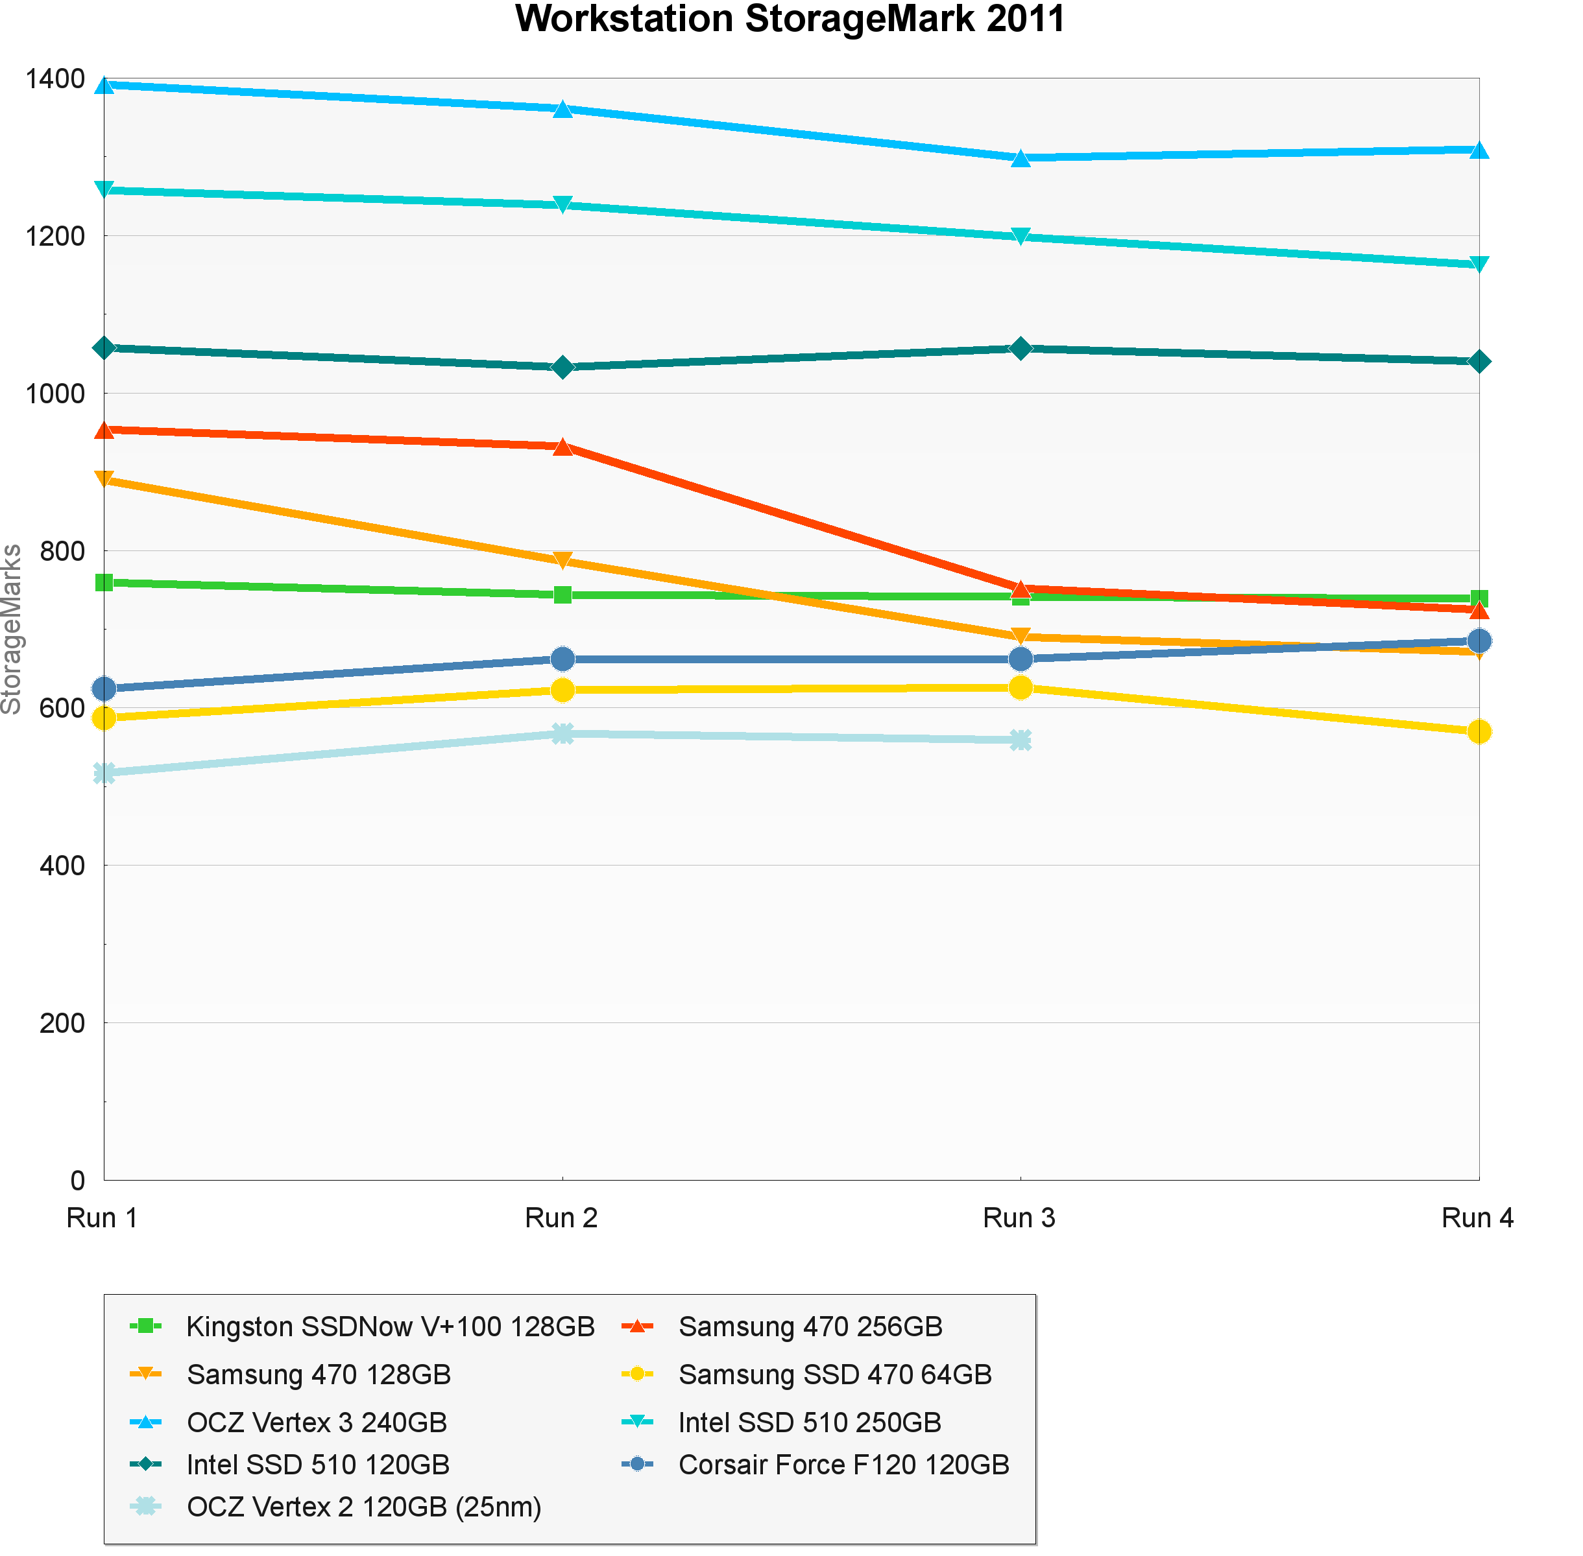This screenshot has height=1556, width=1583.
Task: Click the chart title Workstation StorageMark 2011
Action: [x=790, y=19]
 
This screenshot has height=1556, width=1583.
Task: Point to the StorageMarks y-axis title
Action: [x=12, y=630]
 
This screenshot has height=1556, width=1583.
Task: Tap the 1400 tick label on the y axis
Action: [x=54, y=79]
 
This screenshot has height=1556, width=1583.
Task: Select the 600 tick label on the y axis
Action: [x=62, y=709]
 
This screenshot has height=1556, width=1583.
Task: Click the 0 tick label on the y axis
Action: [x=78, y=1180]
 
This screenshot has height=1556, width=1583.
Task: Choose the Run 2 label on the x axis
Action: [x=561, y=1218]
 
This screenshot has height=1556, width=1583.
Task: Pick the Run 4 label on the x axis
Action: [x=1477, y=1218]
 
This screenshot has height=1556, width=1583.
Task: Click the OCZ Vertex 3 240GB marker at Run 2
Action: [x=562, y=109]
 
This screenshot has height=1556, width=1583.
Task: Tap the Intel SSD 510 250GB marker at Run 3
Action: [x=1021, y=237]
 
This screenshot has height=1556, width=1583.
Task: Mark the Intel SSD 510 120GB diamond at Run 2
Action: [x=562, y=367]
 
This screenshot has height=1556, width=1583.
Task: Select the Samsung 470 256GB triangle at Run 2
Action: [x=562, y=446]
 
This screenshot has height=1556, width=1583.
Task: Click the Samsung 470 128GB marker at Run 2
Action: [x=562, y=561]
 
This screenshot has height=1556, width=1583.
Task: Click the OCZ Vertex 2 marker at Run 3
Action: [x=1021, y=740]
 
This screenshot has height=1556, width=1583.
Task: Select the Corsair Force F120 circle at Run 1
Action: [x=104, y=689]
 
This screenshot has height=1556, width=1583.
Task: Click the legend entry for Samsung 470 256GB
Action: [x=810, y=1326]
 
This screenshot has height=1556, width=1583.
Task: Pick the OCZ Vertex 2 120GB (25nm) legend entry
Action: [x=364, y=1506]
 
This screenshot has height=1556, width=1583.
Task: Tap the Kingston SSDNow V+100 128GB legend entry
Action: [x=390, y=1326]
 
